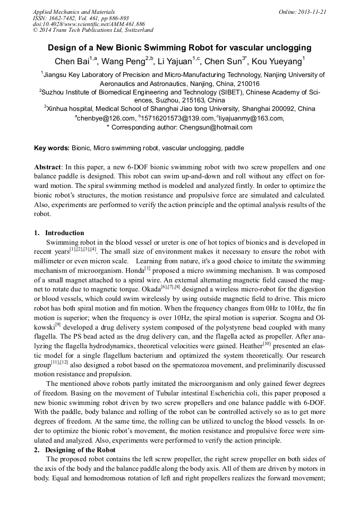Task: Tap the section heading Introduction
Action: (x=64, y=232)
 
